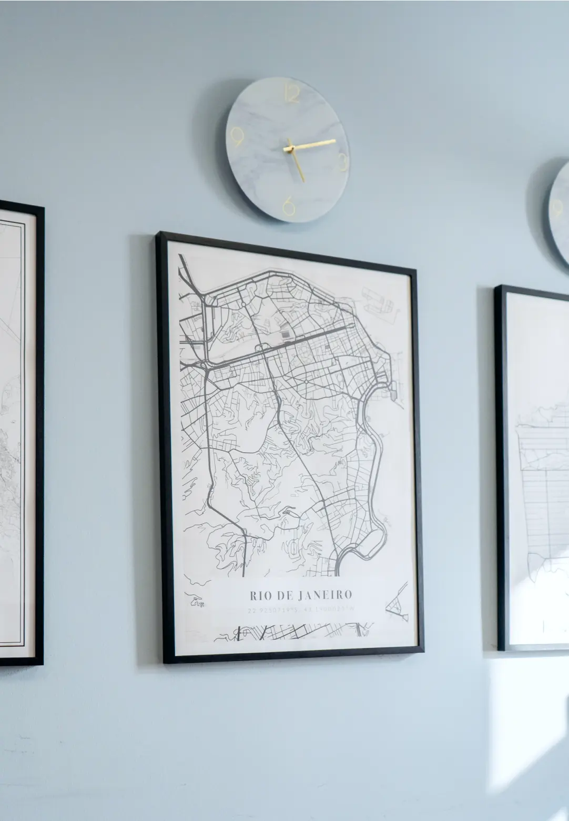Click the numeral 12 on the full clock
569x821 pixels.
(x=292, y=94)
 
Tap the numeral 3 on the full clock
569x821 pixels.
(x=342, y=161)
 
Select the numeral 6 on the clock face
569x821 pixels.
(x=289, y=206)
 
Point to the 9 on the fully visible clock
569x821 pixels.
(x=237, y=138)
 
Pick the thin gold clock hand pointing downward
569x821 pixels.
(x=297, y=166)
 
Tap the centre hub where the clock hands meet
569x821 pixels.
(x=289, y=149)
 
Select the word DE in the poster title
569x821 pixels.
(x=284, y=595)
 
